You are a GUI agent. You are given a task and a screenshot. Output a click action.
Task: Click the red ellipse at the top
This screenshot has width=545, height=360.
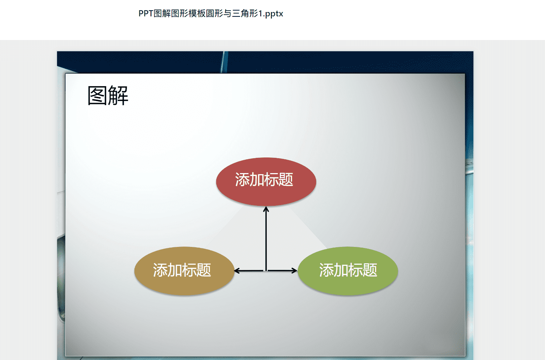(x=266, y=182)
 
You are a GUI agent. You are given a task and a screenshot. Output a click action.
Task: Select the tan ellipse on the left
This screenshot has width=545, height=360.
(x=184, y=271)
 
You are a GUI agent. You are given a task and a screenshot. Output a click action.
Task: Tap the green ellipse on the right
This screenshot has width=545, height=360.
(x=348, y=271)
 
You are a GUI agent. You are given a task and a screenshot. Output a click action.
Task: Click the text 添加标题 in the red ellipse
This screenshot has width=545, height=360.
(x=264, y=180)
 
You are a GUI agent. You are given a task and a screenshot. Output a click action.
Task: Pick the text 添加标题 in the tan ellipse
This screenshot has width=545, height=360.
(x=182, y=270)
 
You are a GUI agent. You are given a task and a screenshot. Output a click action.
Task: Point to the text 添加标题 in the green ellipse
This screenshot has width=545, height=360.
(x=348, y=270)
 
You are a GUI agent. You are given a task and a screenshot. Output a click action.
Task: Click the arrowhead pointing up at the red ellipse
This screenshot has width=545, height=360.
(x=266, y=209)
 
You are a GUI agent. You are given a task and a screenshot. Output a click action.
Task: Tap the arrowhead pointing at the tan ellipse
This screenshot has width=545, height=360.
(x=237, y=271)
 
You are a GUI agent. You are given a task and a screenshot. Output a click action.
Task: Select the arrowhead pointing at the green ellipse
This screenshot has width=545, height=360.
(x=294, y=271)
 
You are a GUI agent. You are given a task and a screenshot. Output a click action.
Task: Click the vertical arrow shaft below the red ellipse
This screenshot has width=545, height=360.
(x=266, y=239)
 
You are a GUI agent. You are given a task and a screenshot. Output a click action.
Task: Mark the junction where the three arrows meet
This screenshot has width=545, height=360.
(x=266, y=271)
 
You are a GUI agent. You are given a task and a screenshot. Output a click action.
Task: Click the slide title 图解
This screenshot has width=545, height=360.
(x=108, y=96)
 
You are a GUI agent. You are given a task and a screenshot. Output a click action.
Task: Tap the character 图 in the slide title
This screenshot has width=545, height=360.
(x=97, y=96)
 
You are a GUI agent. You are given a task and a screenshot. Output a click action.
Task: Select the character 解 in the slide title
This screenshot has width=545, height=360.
(x=118, y=96)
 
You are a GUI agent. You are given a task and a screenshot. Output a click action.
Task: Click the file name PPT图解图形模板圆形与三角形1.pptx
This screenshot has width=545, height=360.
(x=211, y=14)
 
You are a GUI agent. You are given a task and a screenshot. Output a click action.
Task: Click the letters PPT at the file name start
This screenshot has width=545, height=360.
(x=146, y=14)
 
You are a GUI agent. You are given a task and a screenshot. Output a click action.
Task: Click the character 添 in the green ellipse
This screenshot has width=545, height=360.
(x=327, y=270)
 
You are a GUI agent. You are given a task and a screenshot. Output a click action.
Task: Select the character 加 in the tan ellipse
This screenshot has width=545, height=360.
(x=175, y=270)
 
